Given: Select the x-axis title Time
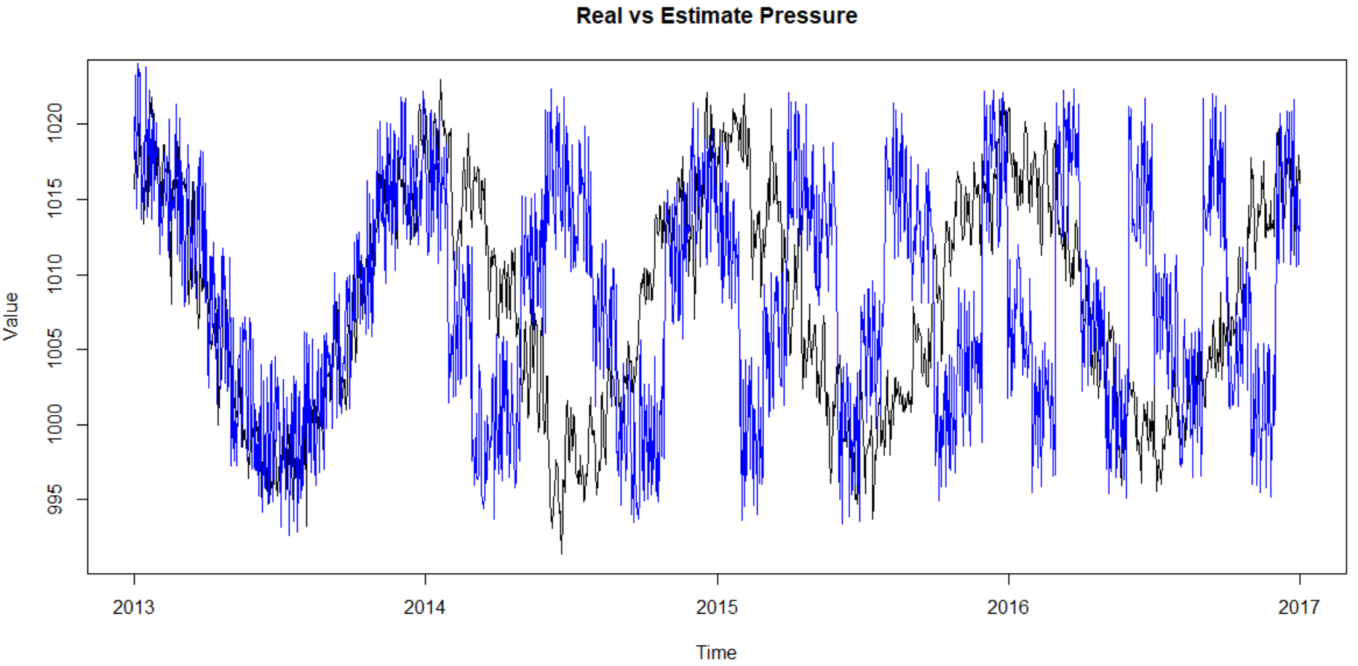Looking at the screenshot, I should pos(716,652).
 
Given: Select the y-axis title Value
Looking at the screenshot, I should pos(11,316).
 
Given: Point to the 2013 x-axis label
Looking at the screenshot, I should pos(134,607).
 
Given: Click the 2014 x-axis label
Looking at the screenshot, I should pos(425,607).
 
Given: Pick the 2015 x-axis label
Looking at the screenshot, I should pos(717,607).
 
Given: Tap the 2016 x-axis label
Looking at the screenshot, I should pos(1008,607).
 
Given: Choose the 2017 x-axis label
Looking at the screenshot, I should pos(1299,607).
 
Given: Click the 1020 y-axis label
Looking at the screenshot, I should pos(55,123).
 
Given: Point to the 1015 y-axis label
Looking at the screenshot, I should pos(55,198).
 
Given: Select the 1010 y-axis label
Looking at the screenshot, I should pos(55,274).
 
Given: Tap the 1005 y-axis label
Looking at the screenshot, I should pos(55,349).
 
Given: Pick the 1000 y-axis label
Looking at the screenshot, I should pos(55,424).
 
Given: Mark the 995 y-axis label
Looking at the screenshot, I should pos(55,499).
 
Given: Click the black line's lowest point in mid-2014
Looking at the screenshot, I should pos(561,553).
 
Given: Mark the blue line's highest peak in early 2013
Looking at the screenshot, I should pos(138,64).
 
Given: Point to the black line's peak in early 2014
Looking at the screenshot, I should pos(440,81).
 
